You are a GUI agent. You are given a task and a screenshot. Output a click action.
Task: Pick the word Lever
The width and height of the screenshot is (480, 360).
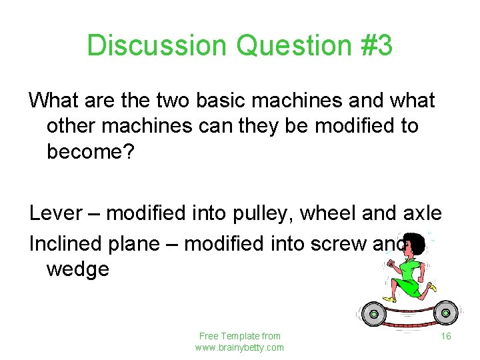57,213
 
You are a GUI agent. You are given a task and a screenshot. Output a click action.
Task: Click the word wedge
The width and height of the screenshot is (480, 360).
78,270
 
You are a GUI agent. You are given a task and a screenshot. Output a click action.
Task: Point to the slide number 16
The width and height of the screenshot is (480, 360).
446,336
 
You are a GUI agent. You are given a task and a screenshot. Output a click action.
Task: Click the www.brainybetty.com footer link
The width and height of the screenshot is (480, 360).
239,347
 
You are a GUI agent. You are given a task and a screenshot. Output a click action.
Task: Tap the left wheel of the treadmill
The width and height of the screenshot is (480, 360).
374,313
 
